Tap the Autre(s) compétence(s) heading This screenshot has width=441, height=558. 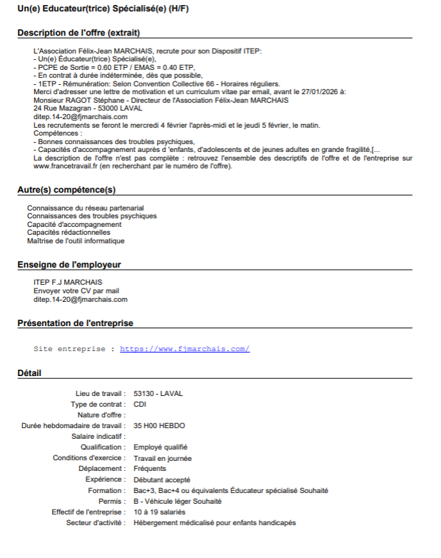[66, 190]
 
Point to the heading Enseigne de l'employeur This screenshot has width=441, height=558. [69, 265]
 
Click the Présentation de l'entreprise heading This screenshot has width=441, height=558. [75, 323]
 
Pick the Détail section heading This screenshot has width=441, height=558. [29, 373]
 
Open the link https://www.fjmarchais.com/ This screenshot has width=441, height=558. [185, 349]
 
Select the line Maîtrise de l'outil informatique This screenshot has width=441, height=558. [76, 240]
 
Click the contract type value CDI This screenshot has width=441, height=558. [140, 404]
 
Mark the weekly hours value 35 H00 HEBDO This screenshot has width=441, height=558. [159, 425]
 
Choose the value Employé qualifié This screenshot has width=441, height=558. [161, 447]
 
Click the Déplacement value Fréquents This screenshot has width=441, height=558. [150, 469]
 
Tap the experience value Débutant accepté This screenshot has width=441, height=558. [162, 480]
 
